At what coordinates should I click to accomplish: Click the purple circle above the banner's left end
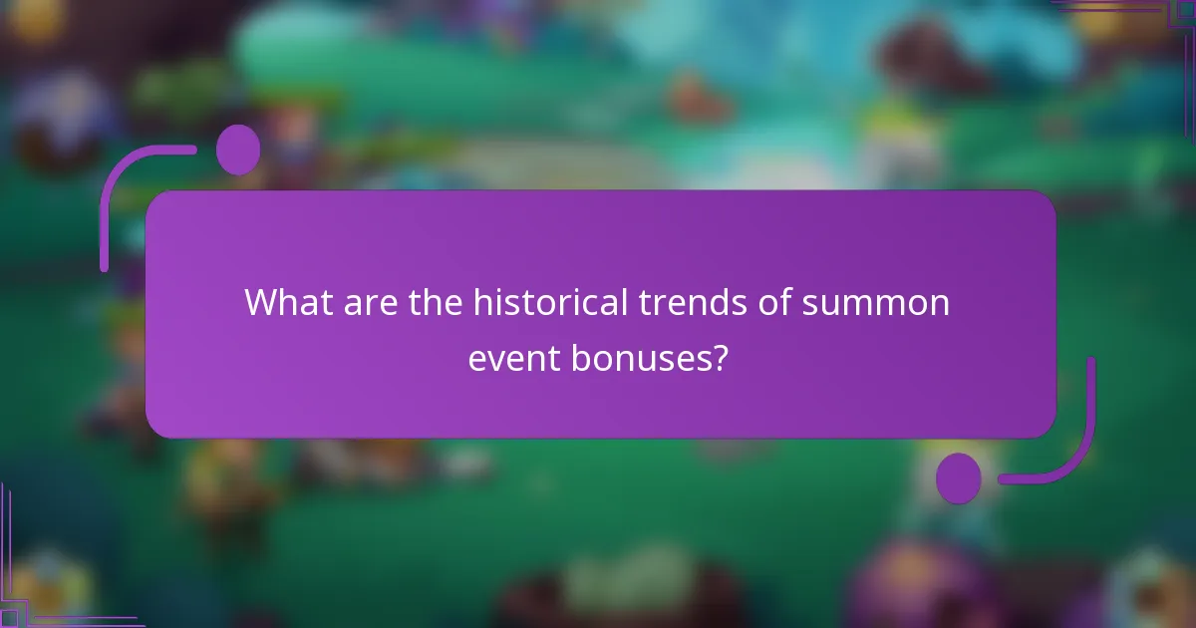coord(238,150)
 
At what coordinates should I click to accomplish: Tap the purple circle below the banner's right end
coord(959,477)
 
